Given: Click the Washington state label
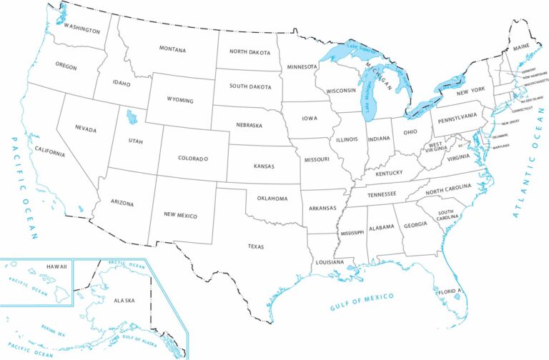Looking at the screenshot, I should click(81, 26).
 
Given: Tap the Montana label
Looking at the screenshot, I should click(172, 50).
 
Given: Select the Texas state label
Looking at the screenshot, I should click(256, 246).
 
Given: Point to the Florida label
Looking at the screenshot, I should click(450, 291).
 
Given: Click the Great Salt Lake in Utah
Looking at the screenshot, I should click(131, 117).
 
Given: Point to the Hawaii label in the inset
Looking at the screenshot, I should click(56, 266).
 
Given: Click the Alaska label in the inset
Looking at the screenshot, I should click(124, 301).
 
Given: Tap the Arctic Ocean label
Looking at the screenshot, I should click(126, 265).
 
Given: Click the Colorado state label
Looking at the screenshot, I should click(193, 158).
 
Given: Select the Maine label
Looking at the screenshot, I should click(521, 48).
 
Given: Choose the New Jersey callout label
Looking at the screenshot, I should click(510, 123).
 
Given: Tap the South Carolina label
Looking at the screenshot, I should click(447, 215).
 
